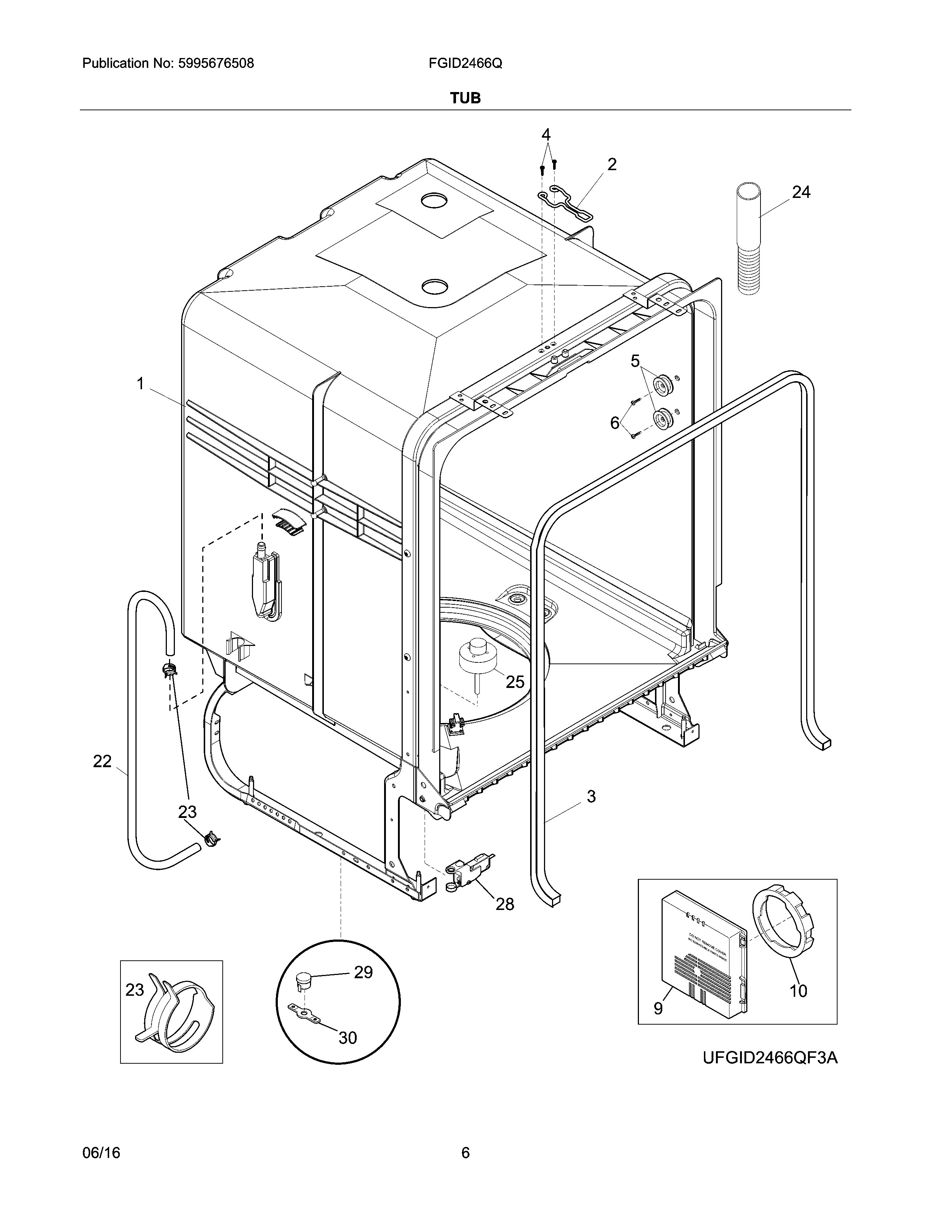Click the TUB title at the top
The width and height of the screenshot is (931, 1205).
click(x=465, y=98)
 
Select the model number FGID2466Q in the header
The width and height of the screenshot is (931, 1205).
click(x=465, y=64)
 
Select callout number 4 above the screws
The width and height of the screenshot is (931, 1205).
click(x=545, y=135)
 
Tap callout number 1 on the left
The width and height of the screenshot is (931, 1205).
click(x=140, y=383)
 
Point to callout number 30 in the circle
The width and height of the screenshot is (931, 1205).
click(x=348, y=1038)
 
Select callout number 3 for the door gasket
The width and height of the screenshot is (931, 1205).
click(x=591, y=796)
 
